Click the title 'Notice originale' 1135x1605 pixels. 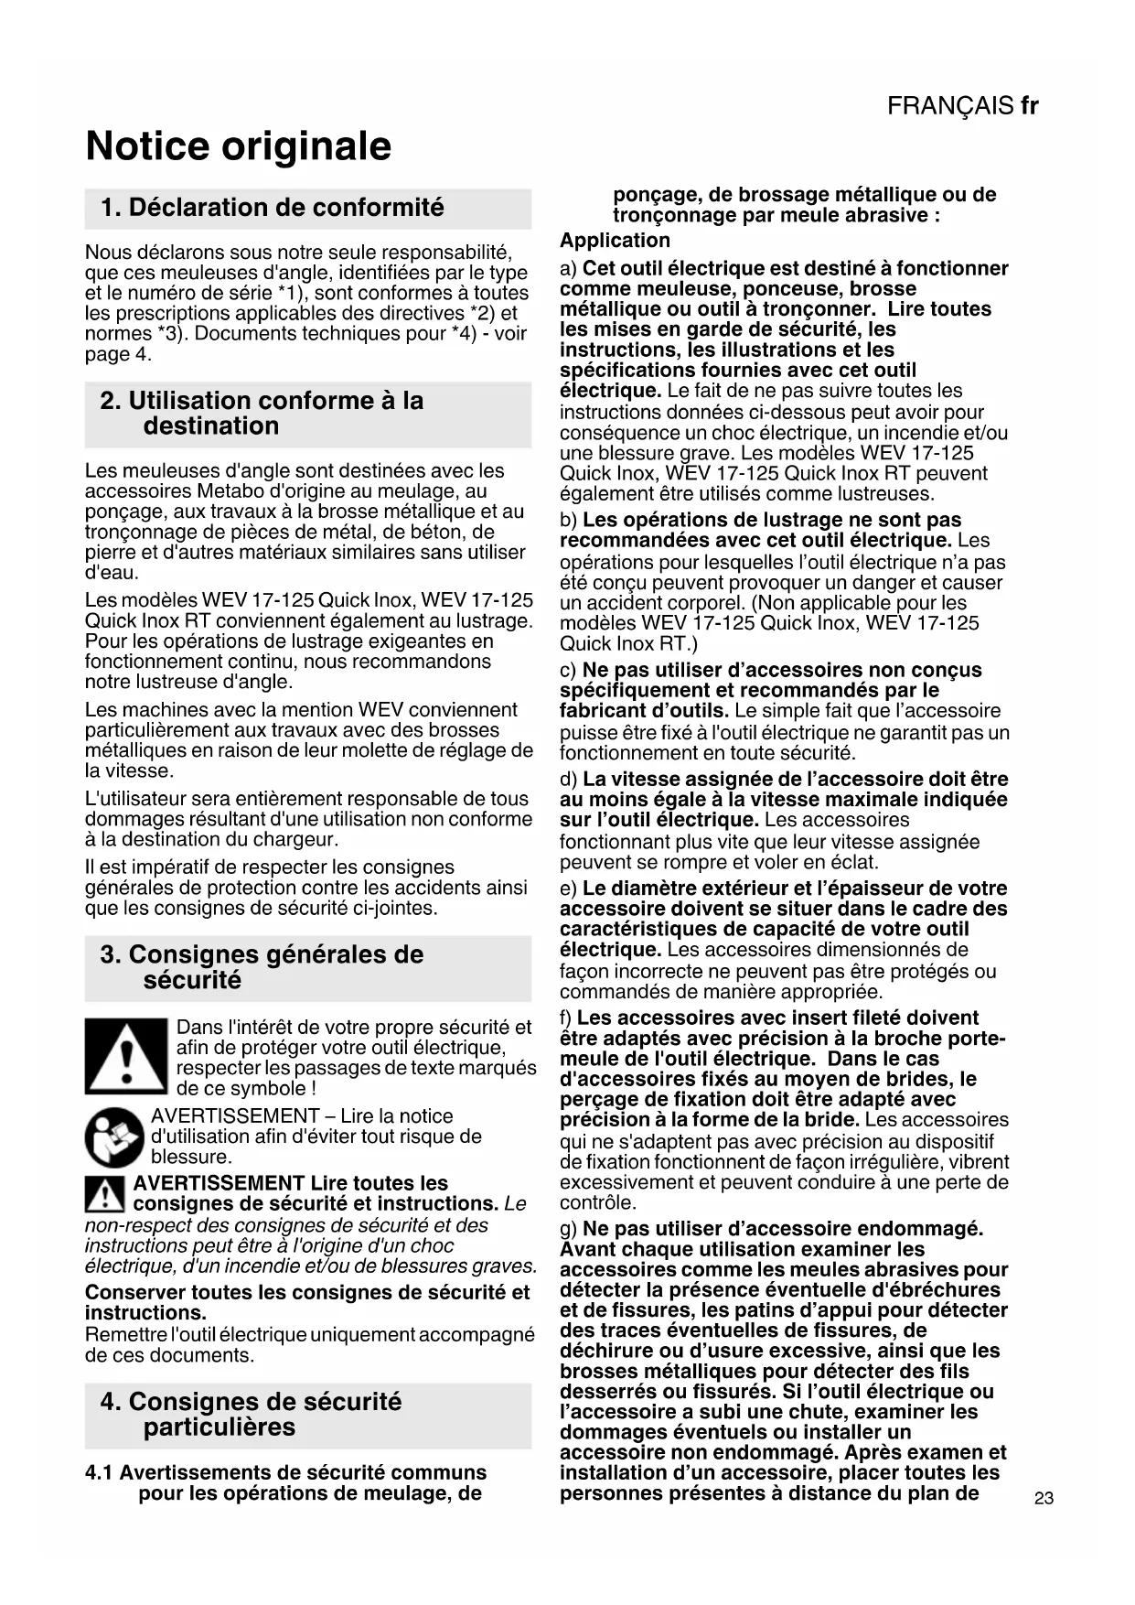(238, 146)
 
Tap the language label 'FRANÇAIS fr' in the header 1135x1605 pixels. (962, 106)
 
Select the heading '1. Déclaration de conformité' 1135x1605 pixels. (273, 208)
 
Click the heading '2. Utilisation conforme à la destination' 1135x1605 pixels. (262, 414)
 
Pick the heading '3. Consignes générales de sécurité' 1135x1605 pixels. (262, 967)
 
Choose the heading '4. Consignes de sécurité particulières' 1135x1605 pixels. (251, 1415)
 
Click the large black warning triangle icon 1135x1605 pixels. (126, 1056)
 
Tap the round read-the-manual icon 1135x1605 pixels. (114, 1136)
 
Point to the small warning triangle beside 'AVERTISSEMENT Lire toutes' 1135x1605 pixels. (105, 1194)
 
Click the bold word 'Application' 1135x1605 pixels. (615, 241)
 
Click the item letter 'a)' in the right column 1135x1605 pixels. (568, 269)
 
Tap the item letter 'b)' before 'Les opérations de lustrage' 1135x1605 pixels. (568, 521)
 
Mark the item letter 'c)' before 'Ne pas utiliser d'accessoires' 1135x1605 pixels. (568, 671)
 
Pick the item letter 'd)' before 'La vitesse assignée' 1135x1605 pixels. (568, 780)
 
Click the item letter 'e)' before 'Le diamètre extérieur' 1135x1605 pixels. (568, 889)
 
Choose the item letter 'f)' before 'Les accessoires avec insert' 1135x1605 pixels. (566, 1018)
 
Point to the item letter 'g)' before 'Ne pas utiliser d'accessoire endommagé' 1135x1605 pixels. (568, 1229)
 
